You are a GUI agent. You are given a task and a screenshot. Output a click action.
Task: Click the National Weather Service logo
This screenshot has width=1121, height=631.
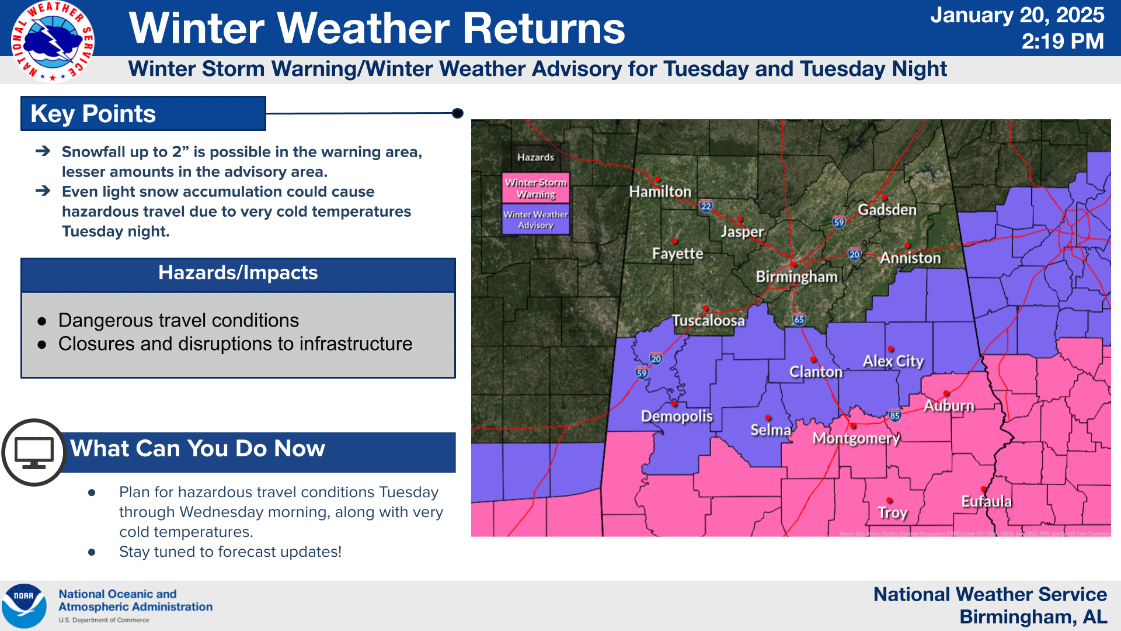point(53,41)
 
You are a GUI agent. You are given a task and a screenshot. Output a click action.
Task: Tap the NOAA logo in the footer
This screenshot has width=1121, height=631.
point(24,606)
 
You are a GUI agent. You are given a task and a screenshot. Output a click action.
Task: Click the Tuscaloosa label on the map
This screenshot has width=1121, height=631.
point(708,321)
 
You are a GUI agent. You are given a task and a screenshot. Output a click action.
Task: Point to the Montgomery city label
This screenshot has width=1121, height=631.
point(856,438)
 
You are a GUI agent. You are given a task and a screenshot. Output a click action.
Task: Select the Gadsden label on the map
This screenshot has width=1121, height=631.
point(887,210)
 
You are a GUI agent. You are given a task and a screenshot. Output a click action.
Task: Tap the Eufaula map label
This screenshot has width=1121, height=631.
point(986,501)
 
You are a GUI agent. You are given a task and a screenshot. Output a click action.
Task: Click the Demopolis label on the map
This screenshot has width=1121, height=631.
point(677,416)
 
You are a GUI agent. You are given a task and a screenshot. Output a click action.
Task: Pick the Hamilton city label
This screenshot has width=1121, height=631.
point(660,192)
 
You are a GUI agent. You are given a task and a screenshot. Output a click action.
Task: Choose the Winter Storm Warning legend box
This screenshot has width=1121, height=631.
point(536,188)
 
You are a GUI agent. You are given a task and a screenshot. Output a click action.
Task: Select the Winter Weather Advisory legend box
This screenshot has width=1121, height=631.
point(536,220)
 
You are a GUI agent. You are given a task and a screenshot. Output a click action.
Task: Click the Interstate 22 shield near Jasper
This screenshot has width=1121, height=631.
point(706,206)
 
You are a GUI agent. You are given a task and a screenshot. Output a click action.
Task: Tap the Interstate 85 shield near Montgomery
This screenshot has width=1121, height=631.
point(894,416)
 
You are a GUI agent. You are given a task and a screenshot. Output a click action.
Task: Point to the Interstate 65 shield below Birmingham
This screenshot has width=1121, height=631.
point(799,319)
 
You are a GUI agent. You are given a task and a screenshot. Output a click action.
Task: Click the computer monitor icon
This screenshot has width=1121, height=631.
point(34,452)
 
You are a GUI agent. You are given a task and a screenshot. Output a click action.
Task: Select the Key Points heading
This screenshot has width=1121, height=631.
point(93,114)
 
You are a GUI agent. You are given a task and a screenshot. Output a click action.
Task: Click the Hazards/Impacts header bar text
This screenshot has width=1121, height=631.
point(238,273)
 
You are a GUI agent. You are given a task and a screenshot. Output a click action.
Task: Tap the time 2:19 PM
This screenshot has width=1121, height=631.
point(1063,41)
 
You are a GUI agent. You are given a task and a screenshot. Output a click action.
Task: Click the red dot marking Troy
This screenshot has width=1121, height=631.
point(889,500)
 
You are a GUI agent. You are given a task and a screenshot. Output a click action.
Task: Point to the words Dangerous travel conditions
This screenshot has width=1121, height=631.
point(179,321)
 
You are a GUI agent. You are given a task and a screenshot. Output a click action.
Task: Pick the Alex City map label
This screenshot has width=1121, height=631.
point(893,361)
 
